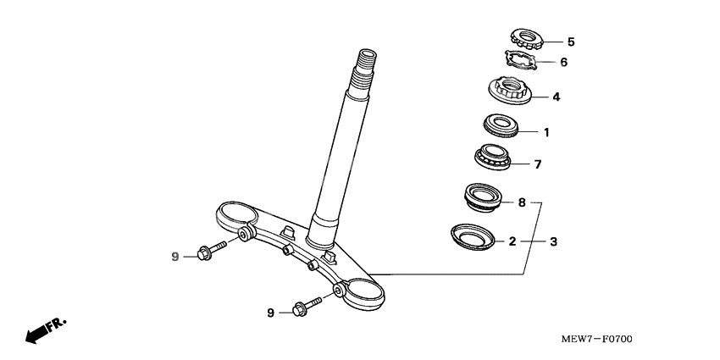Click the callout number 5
571,42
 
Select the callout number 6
564,63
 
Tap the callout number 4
556,97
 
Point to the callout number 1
546,132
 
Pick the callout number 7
537,164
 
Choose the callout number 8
523,203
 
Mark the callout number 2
512,241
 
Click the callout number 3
553,241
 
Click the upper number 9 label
175,256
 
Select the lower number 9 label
271,313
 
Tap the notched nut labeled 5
527,36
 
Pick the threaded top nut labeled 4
511,91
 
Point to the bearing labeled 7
493,158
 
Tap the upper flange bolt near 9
211,250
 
